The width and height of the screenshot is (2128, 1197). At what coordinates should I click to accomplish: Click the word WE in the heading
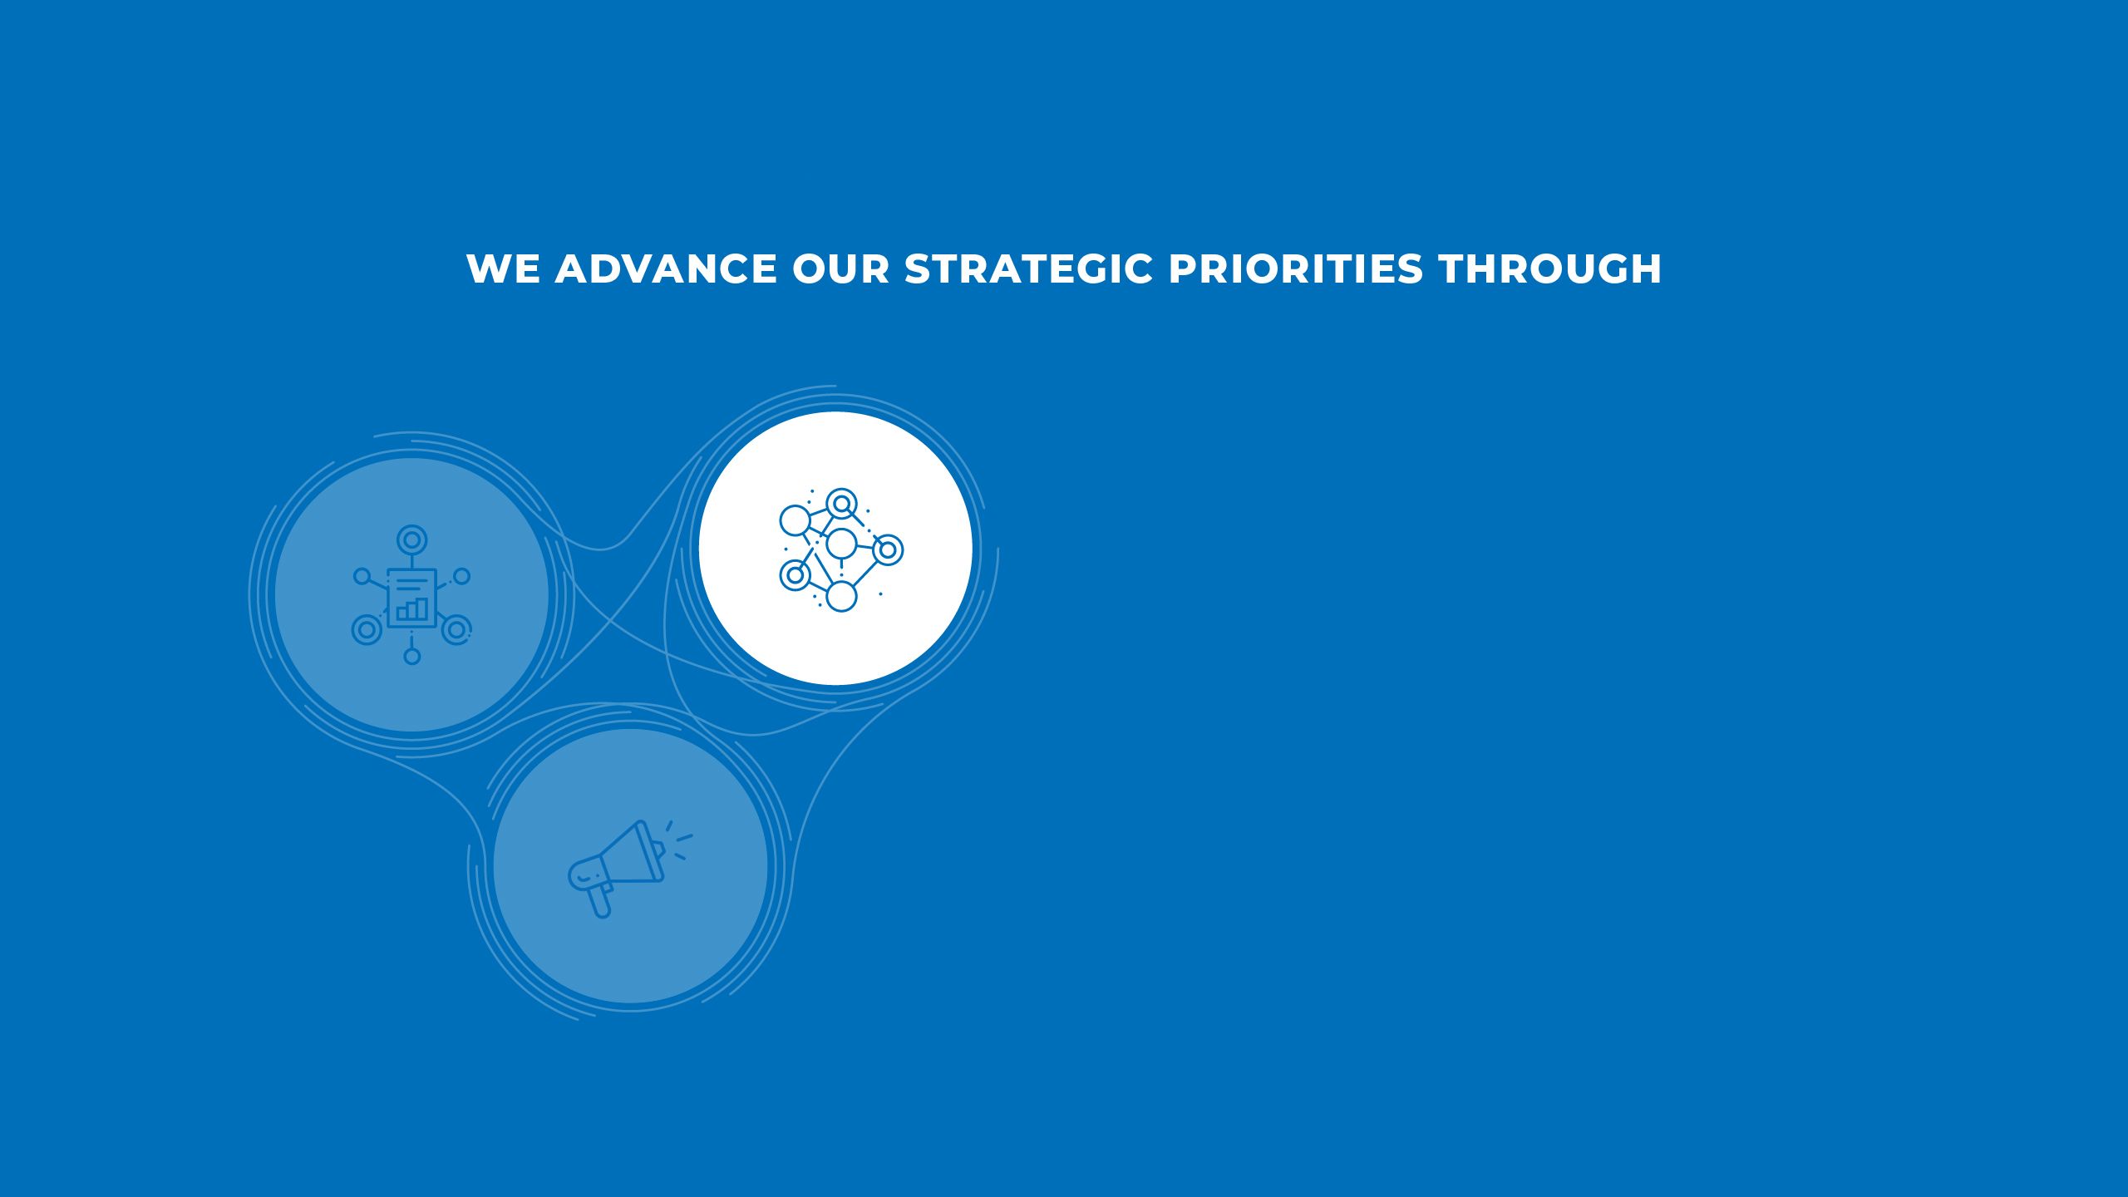coord(503,269)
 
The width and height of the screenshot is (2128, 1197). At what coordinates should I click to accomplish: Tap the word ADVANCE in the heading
coord(666,269)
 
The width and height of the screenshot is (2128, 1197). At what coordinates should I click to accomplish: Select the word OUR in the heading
coord(840,269)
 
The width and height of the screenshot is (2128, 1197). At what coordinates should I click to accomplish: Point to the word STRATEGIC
coord(1029,269)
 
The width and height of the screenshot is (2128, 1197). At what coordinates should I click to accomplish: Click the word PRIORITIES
coord(1296,269)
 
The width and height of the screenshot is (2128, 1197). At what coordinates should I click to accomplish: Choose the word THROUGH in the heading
coord(1550,269)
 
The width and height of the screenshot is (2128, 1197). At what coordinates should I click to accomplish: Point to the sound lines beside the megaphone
coord(678,840)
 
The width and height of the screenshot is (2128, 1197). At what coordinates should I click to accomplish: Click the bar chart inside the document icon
coord(412,609)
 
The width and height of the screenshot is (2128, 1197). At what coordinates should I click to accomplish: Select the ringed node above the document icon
coord(411,539)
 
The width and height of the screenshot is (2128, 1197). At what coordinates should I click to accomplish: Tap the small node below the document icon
coord(411,657)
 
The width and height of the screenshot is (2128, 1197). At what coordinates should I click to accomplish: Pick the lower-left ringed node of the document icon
coord(367,630)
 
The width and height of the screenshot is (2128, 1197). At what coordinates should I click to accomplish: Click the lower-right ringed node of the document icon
coord(456,630)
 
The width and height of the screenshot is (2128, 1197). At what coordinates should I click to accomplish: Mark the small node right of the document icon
coord(461,576)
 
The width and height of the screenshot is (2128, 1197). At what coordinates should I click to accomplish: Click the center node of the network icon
coord(841,544)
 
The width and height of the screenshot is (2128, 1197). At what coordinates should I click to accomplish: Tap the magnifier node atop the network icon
coord(842,503)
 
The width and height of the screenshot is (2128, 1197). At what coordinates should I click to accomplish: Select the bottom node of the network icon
coord(841,596)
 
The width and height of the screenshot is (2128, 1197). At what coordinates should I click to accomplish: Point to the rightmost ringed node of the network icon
coord(888,549)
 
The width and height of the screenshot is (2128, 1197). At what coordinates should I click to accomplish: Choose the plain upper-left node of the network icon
coord(795,521)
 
